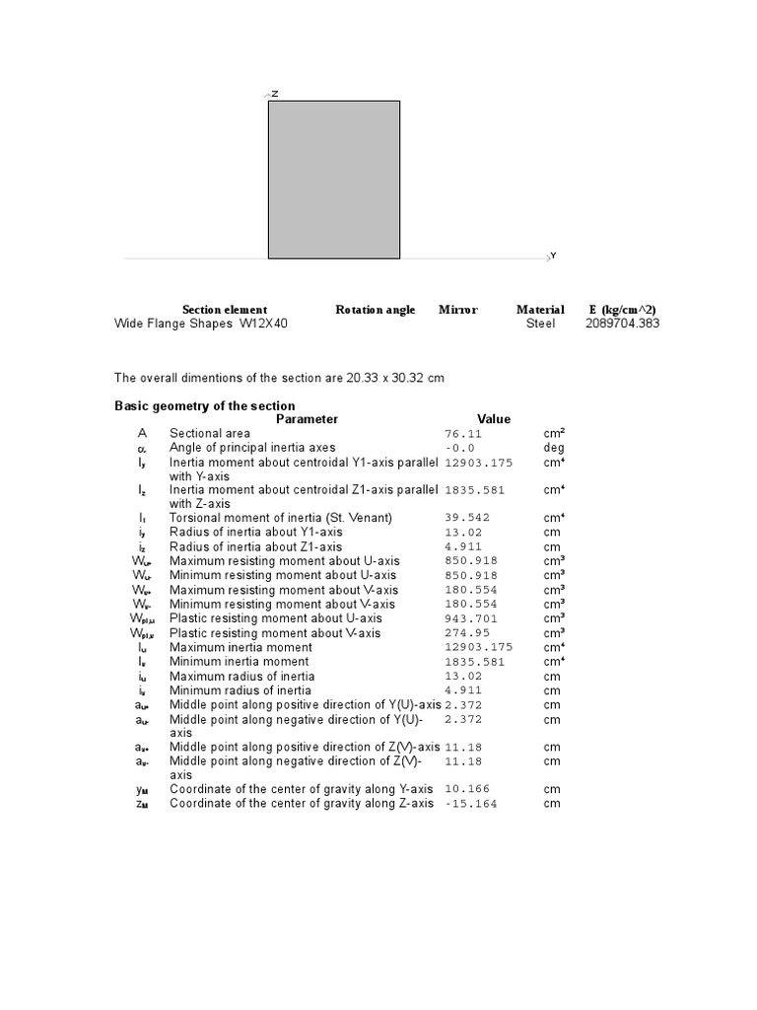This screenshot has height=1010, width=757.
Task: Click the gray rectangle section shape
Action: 334,180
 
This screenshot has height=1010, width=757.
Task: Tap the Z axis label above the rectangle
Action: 275,94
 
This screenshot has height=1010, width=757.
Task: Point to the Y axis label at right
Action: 553,255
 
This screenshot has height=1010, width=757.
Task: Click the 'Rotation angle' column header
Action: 376,310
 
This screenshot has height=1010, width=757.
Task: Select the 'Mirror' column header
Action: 458,310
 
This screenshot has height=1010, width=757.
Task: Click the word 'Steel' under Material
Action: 540,324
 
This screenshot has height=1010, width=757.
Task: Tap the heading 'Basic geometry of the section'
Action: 205,405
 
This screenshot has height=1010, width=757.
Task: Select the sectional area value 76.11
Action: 464,433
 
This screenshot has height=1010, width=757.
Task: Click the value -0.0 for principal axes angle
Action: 460,448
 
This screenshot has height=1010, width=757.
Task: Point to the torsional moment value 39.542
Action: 468,518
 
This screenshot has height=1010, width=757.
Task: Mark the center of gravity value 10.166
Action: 468,789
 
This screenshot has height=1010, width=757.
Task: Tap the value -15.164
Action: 471,804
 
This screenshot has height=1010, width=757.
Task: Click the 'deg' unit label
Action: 554,448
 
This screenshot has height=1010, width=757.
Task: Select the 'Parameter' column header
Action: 307,419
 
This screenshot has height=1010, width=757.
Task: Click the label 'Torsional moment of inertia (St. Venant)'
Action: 281,518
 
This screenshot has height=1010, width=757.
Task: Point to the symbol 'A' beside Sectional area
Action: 142,433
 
